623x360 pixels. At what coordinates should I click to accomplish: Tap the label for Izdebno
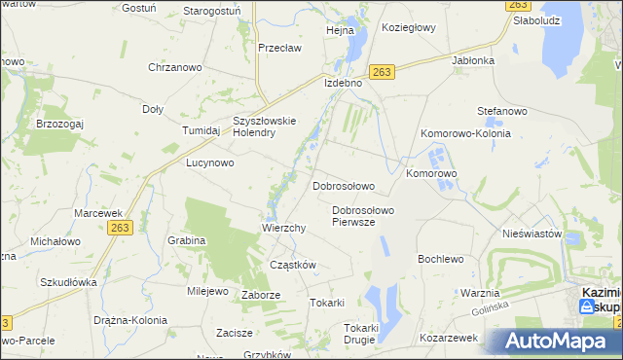tap(343, 84)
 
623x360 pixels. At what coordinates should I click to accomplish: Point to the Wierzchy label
tap(284, 228)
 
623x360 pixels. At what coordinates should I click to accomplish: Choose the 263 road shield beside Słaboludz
tap(519, 5)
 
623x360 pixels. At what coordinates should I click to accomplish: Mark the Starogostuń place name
tap(212, 11)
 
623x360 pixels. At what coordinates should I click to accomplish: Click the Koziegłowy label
tap(409, 28)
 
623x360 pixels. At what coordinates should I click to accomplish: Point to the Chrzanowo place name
tap(173, 67)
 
